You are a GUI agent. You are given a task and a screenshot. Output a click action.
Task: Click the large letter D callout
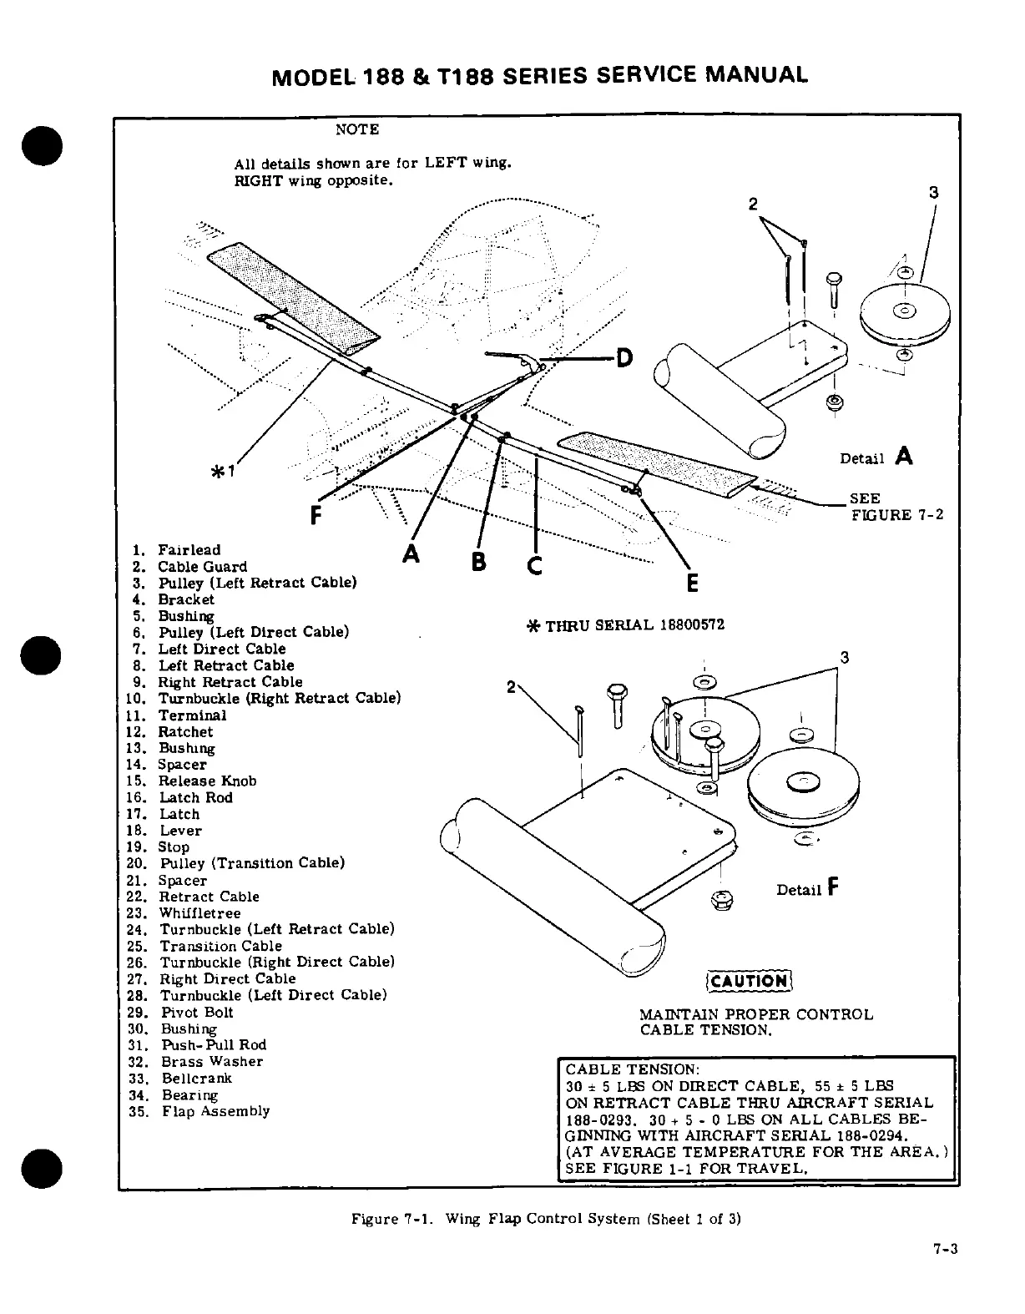[624, 359]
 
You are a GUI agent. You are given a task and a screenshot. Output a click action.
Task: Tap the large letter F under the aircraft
[316, 516]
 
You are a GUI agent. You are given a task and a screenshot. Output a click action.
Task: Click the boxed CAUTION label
[749, 981]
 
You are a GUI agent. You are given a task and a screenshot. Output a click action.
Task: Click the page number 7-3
[945, 1249]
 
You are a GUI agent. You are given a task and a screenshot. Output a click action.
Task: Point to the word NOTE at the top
[356, 129]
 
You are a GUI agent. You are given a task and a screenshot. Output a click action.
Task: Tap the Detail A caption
[876, 457]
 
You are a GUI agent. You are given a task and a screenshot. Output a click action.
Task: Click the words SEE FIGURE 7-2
[896, 507]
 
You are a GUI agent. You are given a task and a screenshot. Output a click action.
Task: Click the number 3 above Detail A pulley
[934, 193]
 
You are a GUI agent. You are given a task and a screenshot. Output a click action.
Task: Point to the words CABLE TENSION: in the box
[632, 1070]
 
